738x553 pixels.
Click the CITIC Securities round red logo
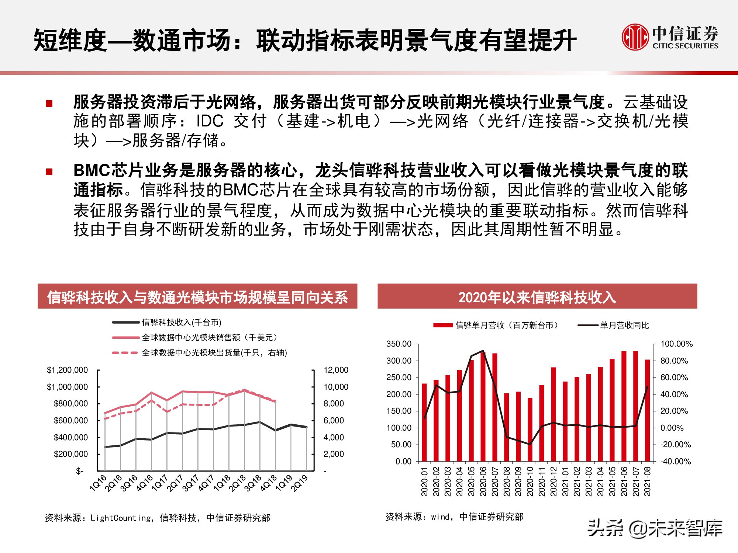click(635, 37)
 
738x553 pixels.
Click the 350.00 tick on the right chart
click(399, 344)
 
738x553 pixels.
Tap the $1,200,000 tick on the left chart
click(67, 370)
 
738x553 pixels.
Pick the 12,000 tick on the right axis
click(336, 370)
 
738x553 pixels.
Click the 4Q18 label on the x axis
click(268, 483)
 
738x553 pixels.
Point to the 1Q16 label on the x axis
click(98, 483)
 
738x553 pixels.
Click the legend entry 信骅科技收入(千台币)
click(181, 323)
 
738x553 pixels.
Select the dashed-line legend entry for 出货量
click(214, 353)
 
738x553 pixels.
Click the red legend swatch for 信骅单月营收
click(443, 325)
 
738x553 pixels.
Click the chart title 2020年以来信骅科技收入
click(537, 297)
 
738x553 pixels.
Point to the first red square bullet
click(49, 104)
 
